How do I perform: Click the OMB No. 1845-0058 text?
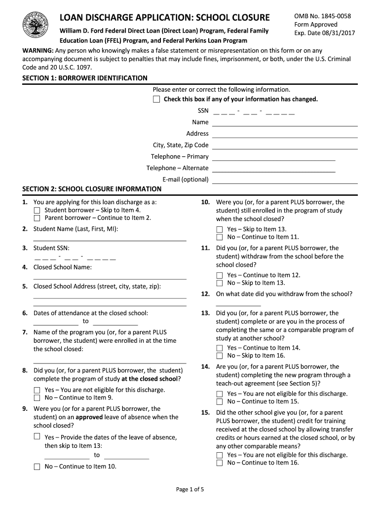pos(322,16)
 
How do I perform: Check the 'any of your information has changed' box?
pos(156,100)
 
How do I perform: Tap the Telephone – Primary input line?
pos(273,160)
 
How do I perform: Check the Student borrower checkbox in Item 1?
pos(37,210)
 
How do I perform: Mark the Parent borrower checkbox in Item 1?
pos(37,218)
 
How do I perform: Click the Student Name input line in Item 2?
pos(110,240)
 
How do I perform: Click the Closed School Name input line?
pos(110,279)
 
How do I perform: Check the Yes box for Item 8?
pos(37,390)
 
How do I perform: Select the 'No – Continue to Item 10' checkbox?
pos(37,467)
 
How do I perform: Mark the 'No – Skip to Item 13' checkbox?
pos(220,283)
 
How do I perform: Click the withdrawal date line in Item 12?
pos(238,306)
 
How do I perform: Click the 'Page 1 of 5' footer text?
pos(190,490)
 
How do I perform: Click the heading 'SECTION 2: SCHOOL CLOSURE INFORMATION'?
pos(92,189)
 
